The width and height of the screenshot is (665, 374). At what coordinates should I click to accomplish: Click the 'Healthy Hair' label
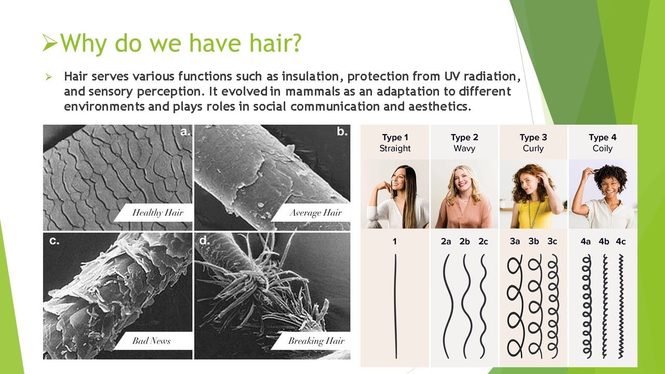(x=157, y=212)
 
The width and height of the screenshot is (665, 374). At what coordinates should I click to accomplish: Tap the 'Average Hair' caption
(x=315, y=212)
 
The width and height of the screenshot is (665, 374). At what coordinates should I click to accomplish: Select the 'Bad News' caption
(x=151, y=341)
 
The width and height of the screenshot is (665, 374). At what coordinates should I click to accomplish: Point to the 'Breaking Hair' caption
(x=316, y=341)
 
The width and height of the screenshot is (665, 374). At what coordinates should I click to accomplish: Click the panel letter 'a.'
(x=184, y=132)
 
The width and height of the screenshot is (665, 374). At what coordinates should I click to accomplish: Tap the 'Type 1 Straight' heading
(x=395, y=143)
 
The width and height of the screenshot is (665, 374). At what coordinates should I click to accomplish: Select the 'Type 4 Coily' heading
(x=603, y=143)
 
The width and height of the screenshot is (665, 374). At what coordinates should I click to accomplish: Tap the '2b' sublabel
(x=464, y=242)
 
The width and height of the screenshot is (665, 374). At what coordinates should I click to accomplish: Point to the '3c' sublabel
(x=552, y=242)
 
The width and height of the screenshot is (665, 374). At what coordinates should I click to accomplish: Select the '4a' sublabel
(x=586, y=242)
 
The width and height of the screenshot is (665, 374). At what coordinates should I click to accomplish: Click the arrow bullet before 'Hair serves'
(x=49, y=77)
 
